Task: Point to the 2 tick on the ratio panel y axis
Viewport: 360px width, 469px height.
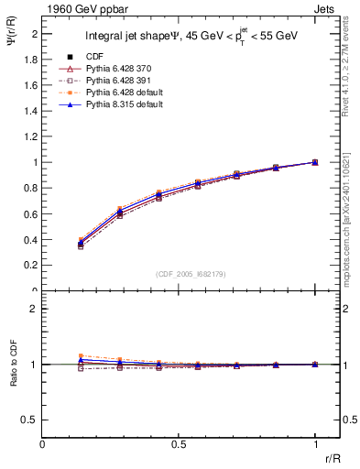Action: [x=33, y=309]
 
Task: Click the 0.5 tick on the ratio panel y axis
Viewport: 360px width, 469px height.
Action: [x=29, y=420]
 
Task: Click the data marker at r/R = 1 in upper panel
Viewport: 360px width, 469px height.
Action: [x=315, y=162]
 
